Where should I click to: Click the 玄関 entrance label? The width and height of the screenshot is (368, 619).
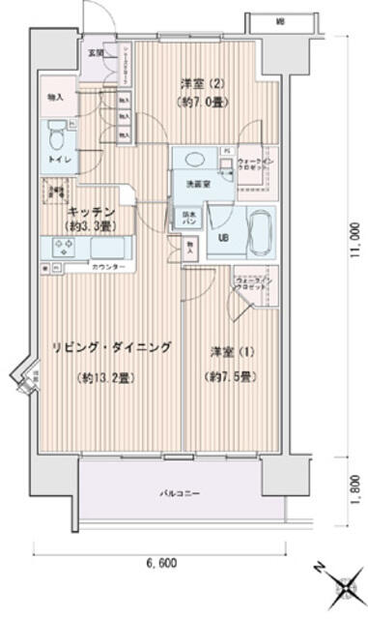coord(96,52)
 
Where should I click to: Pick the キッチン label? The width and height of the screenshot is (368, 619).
coord(94,211)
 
